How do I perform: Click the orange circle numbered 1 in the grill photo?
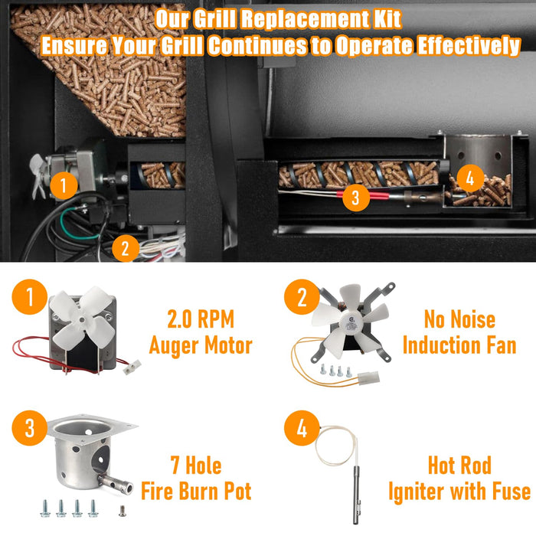pos(64,185)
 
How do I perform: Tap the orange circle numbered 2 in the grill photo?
pos(126,248)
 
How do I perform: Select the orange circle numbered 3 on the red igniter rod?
pos(356,198)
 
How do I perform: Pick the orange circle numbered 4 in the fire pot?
pos(470,178)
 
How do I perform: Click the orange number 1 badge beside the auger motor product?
pos(29,297)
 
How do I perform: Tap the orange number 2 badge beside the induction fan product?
pos(302,297)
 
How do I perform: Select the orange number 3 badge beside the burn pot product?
pos(29,427)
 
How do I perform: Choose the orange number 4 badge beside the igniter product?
pos(302,427)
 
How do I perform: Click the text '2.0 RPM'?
pos(201,319)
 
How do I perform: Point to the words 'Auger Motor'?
pos(201,345)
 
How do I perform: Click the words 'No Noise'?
pos(459,319)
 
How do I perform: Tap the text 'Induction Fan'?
pos(459,345)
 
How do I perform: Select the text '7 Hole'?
pos(196,466)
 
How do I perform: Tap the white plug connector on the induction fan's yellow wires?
pos(369,377)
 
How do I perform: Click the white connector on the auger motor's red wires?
pos(132,367)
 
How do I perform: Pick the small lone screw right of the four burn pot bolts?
pos(121,511)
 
